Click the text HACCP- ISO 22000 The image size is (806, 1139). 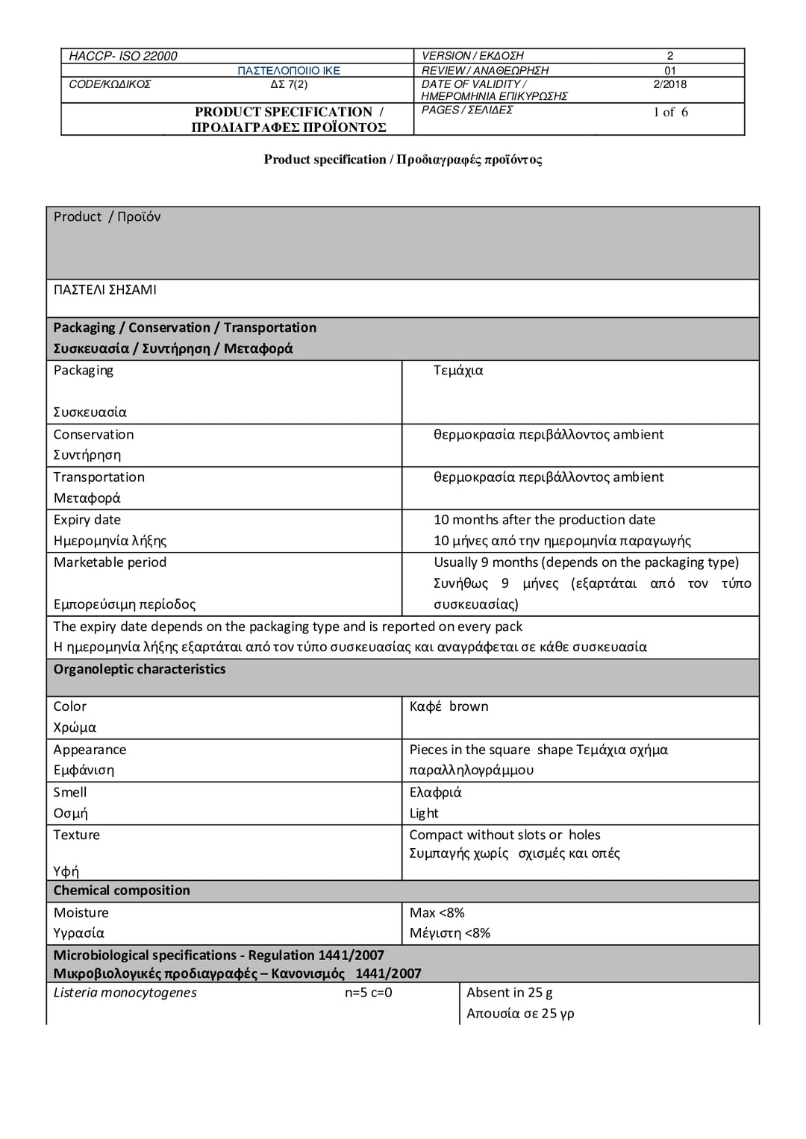pos(123,56)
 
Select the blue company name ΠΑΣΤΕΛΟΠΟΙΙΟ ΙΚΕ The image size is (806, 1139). pos(289,71)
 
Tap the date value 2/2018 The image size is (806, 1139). pos(669,84)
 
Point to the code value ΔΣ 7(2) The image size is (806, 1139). pos(289,84)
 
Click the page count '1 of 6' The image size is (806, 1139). pos(670,113)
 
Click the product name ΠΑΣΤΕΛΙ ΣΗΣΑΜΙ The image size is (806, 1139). pos(105,290)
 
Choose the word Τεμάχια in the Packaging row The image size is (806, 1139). pos(458,371)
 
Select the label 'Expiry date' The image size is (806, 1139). pos(87,520)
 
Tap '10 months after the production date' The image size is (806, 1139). pos(544,520)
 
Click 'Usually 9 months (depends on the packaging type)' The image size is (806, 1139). pos(586,562)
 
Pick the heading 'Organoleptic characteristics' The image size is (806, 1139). pos(140,669)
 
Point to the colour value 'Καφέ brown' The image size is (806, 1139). pos(449,706)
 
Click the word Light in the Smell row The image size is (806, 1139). pos(424,813)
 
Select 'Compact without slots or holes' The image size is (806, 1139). pos(504,835)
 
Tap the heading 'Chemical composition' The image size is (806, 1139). pos(122,890)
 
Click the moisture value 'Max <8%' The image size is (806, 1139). pos(437,912)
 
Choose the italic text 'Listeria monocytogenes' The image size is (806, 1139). pos(125,993)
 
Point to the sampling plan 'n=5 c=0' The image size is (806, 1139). pos(368,993)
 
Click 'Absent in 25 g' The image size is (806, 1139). pos(509,993)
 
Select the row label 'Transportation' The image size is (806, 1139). pos(99,477)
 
